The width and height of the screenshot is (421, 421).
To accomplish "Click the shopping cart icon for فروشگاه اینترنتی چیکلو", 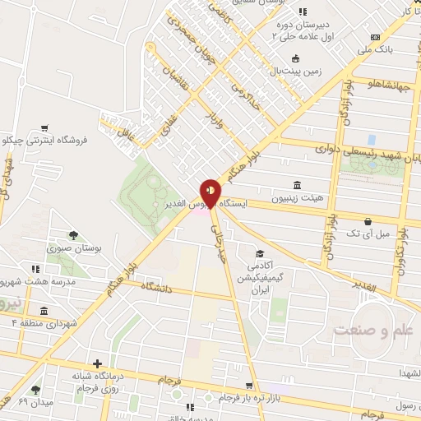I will [x=44, y=128].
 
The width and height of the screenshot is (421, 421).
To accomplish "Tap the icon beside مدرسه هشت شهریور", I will [x=34, y=269].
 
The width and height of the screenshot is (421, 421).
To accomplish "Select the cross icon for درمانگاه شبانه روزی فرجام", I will [x=98, y=363].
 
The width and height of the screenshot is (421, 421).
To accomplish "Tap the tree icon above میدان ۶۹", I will [x=35, y=389].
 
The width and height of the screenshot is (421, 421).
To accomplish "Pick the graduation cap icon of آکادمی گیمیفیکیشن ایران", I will [x=260, y=254].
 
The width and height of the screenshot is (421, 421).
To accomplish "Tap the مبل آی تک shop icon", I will [x=367, y=222].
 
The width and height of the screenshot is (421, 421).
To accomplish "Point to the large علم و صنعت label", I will [x=369, y=330].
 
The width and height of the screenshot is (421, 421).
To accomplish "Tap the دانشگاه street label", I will [x=156, y=289].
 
